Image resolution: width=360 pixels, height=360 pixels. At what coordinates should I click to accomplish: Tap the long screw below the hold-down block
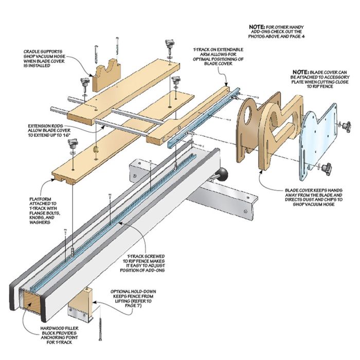point(100,327)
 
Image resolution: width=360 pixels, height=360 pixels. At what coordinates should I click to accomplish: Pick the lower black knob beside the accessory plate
point(328,167)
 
